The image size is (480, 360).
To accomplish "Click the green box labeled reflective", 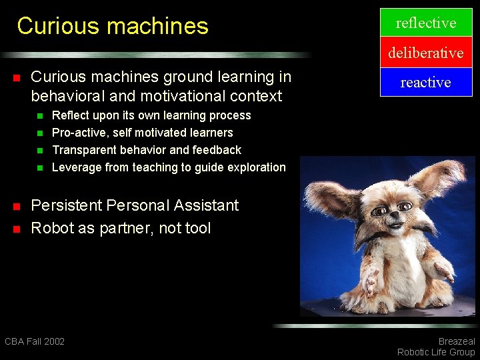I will click(426, 23).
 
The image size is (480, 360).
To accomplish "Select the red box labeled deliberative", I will click(426, 53).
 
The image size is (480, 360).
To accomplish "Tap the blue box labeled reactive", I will click(426, 82).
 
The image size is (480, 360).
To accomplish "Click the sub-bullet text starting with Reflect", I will click(151, 115).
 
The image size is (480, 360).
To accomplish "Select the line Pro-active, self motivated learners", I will click(142, 133).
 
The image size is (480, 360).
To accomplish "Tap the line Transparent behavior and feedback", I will click(146, 150).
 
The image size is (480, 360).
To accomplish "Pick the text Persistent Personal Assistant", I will click(135, 205).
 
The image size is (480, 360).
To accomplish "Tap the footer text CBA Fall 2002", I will click(35, 341).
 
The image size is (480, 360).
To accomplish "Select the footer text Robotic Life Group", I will click(436, 352).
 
